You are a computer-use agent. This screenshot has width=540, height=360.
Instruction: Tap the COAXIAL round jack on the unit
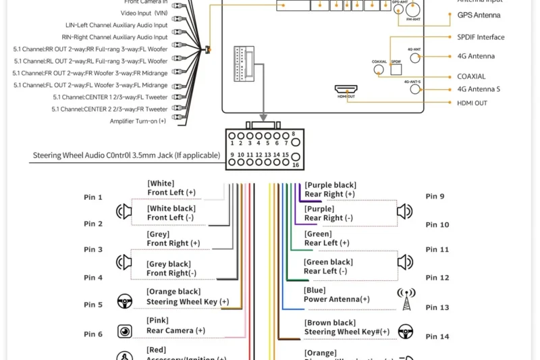(379, 69)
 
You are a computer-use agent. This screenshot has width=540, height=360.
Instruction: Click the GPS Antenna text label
(479, 15)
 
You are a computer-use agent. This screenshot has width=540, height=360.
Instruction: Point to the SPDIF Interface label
(481, 37)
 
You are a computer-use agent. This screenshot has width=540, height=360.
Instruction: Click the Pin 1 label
(93, 197)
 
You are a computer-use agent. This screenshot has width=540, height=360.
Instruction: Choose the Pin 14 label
(437, 336)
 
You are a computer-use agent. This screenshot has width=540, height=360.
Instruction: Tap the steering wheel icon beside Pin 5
(124, 301)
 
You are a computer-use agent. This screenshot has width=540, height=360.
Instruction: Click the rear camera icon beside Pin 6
(124, 331)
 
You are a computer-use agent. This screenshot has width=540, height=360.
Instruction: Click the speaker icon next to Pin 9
(404, 211)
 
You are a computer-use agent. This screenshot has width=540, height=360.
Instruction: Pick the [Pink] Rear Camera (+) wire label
(175, 326)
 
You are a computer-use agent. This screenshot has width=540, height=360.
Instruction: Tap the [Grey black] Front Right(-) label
(171, 269)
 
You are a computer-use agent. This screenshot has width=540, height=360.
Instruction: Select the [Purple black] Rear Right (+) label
(330, 189)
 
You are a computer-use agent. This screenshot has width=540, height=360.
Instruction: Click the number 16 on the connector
(296, 164)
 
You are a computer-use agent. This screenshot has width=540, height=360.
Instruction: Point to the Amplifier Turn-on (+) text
(138, 121)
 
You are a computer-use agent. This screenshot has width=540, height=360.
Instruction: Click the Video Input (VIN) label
(144, 13)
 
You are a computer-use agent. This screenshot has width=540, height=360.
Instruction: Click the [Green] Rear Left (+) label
(327, 238)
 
